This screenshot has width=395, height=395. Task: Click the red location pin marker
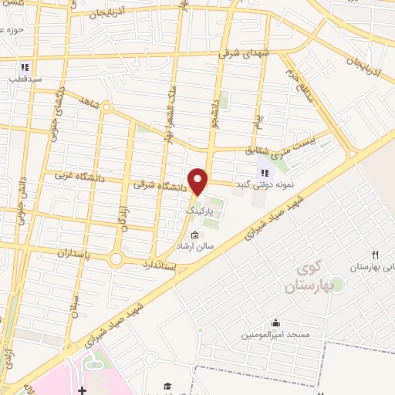pos(199,181)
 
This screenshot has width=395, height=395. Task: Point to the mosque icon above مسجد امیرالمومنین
pos(276,324)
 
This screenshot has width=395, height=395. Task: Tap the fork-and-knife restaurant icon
pos(375,255)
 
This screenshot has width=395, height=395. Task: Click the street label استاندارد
pos(159,265)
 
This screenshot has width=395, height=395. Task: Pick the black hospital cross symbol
pos(82,391)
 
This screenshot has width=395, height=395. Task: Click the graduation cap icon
pos(167,387)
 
